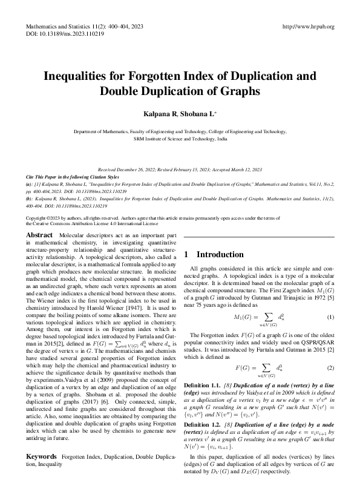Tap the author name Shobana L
point(200,114)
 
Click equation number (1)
point(330,317)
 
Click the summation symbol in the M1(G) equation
point(263,318)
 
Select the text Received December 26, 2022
point(129,170)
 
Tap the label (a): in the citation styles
point(30,183)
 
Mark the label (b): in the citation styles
point(30,197)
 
